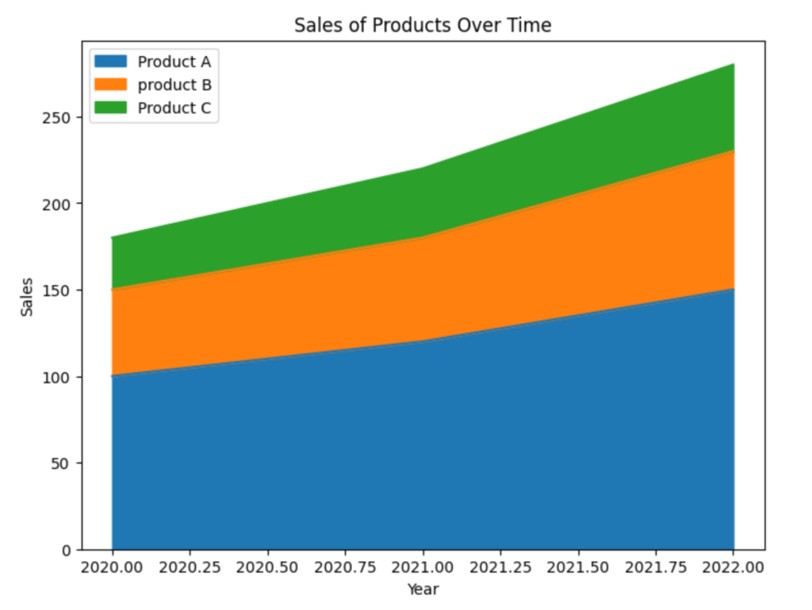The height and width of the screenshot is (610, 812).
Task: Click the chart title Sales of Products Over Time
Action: pos(422,25)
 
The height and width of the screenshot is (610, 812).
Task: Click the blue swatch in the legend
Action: pos(111,62)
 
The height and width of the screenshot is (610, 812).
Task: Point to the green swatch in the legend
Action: pos(111,109)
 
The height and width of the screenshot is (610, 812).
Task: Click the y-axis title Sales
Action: pos(27,296)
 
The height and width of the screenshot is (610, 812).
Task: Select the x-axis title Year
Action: pos(423,589)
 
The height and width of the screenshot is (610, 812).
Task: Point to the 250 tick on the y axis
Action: pos(63,117)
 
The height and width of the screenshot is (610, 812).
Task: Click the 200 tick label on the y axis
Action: pos(63,204)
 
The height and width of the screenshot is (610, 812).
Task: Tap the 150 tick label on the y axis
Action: pos(63,290)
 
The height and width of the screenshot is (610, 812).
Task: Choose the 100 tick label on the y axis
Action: pos(63,376)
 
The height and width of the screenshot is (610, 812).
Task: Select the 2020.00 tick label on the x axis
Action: pos(112,568)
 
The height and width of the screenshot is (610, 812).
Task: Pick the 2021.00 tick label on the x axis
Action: pos(423,568)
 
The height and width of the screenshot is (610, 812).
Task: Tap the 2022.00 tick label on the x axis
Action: pos(733,568)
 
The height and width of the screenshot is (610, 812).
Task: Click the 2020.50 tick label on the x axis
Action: pos(267,568)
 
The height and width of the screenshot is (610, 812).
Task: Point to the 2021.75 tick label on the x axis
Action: pos(656,568)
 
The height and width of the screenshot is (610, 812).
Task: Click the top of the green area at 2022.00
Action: pos(733,64)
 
